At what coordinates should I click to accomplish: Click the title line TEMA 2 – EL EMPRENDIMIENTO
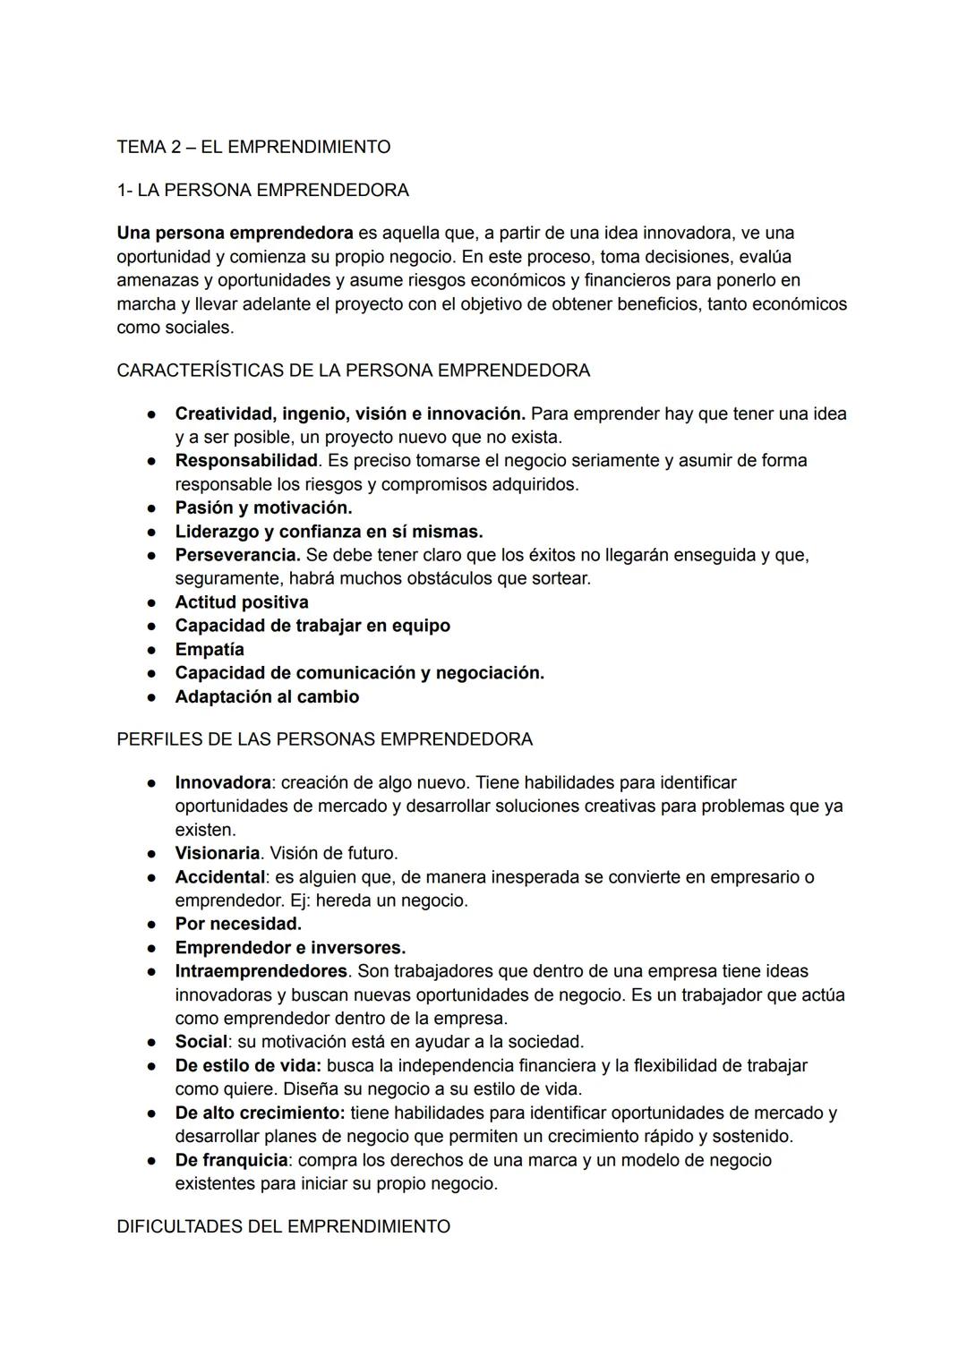point(253,147)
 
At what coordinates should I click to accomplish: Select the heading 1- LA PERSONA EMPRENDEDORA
point(262,190)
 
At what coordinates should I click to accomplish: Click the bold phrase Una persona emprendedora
point(235,233)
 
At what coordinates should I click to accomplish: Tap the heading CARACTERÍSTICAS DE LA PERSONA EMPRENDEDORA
point(353,370)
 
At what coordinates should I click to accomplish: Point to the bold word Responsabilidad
point(246,460)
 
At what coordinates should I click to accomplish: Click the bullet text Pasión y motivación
point(263,508)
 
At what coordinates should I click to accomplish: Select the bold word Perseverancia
point(237,555)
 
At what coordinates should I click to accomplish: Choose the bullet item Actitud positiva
point(242,602)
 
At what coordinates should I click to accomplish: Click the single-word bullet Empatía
point(210,649)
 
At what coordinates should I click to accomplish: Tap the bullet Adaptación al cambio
point(267,696)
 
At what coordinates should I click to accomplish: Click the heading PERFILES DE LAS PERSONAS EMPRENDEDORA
point(324,739)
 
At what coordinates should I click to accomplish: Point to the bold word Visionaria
point(218,853)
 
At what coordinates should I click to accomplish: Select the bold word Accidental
point(219,877)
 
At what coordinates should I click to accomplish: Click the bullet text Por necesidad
point(238,924)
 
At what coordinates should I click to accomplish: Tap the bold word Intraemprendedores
point(261,971)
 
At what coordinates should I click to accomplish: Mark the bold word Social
point(201,1042)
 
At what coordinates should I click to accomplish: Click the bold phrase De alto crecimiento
point(260,1113)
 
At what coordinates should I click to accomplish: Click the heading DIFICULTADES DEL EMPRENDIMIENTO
point(283,1226)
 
